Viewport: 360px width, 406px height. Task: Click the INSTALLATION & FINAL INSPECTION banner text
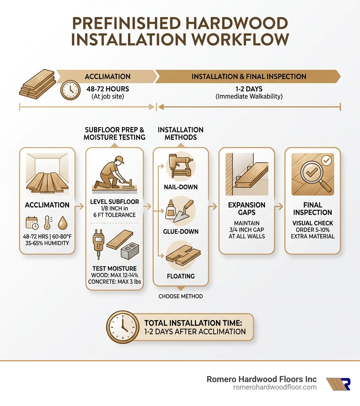(249, 76)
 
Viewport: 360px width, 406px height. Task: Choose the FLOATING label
(181, 276)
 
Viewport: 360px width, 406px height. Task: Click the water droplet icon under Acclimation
(63, 223)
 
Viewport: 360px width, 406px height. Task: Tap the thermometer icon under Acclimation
(47, 223)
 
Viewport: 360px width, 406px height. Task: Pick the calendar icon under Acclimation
(32, 223)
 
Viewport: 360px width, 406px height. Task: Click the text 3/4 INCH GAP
(246, 230)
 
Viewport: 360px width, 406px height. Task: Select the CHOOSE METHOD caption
(181, 296)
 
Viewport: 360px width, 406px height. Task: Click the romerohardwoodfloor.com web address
(275, 387)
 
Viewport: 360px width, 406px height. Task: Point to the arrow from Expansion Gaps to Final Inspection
(279, 207)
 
